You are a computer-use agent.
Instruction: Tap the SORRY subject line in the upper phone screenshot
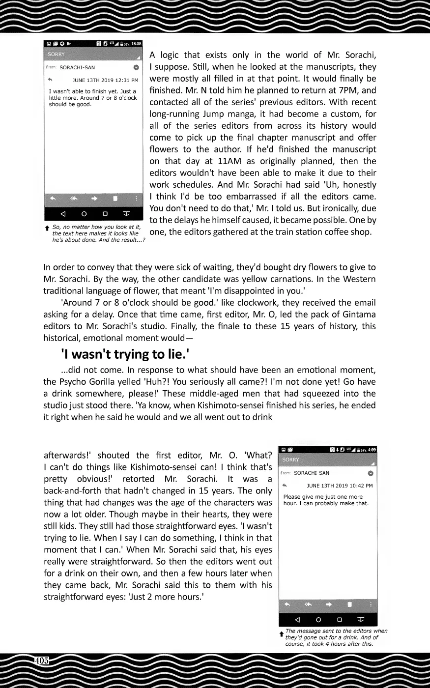coord(57,55)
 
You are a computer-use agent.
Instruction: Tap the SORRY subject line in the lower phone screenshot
coord(291,460)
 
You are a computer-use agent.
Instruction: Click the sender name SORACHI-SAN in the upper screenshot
coord(77,67)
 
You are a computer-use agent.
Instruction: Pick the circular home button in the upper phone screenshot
coord(84,214)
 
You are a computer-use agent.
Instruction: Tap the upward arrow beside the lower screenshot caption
coord(281,633)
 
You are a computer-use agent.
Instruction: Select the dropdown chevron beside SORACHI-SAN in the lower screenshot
coord(371,473)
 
